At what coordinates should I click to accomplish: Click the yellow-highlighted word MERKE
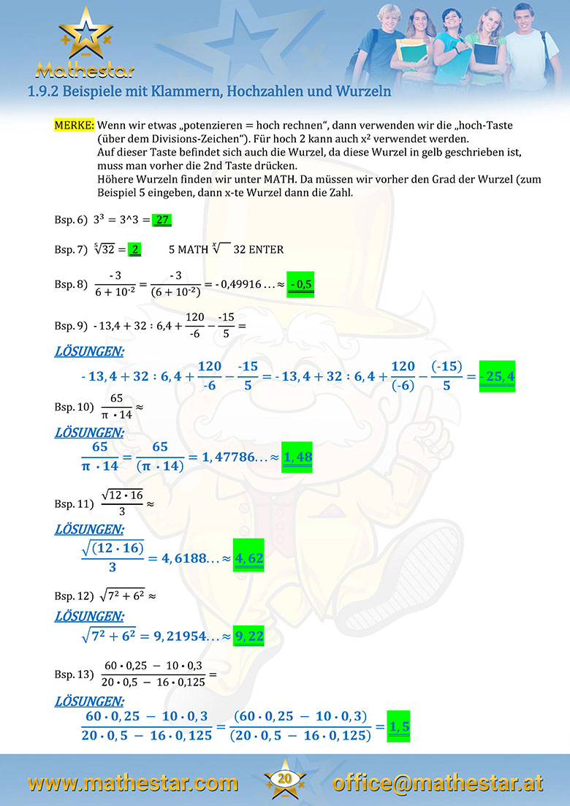pos(75,125)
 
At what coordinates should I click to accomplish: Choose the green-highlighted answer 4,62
pos(248,559)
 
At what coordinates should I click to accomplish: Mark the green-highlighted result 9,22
pos(248,636)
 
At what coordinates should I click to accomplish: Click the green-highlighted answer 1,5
pos(399,726)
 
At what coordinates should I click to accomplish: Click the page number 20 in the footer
pos(285,779)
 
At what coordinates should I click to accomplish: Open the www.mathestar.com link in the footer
pos(133,783)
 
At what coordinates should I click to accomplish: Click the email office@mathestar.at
pos(438,783)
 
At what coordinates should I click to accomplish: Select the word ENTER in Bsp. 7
pos(267,249)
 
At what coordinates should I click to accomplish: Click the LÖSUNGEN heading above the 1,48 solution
pos(89,432)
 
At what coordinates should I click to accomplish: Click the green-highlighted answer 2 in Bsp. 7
pos(134,249)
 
